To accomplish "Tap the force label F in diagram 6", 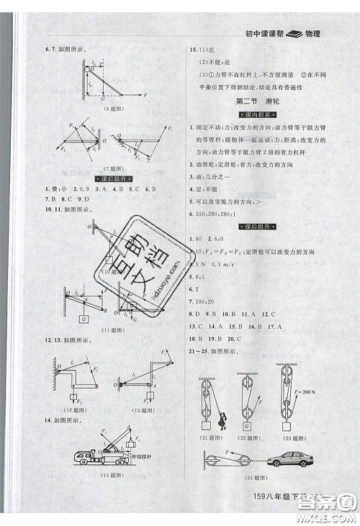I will click(145, 95).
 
